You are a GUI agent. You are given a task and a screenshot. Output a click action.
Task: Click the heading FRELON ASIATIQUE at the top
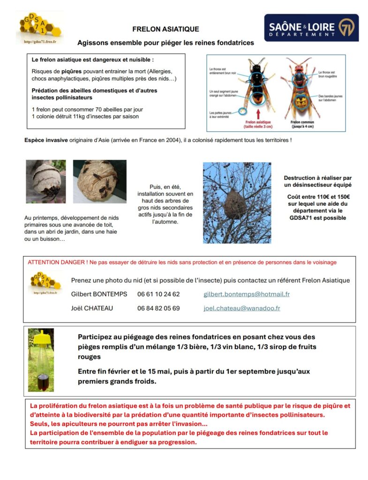pos(165,29)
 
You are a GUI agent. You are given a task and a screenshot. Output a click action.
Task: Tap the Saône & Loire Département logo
pos(311,28)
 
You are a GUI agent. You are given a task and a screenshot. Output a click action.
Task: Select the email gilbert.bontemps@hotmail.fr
pos(246,294)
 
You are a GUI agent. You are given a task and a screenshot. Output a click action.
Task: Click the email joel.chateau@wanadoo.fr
pos(241,308)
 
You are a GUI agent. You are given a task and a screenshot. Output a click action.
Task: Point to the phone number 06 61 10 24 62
pos(158,294)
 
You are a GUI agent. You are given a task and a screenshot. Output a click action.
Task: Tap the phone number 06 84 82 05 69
pos(158,308)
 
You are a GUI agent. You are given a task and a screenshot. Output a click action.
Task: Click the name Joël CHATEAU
pos(92,308)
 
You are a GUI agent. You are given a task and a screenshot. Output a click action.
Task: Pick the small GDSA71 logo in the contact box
pos(45,283)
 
